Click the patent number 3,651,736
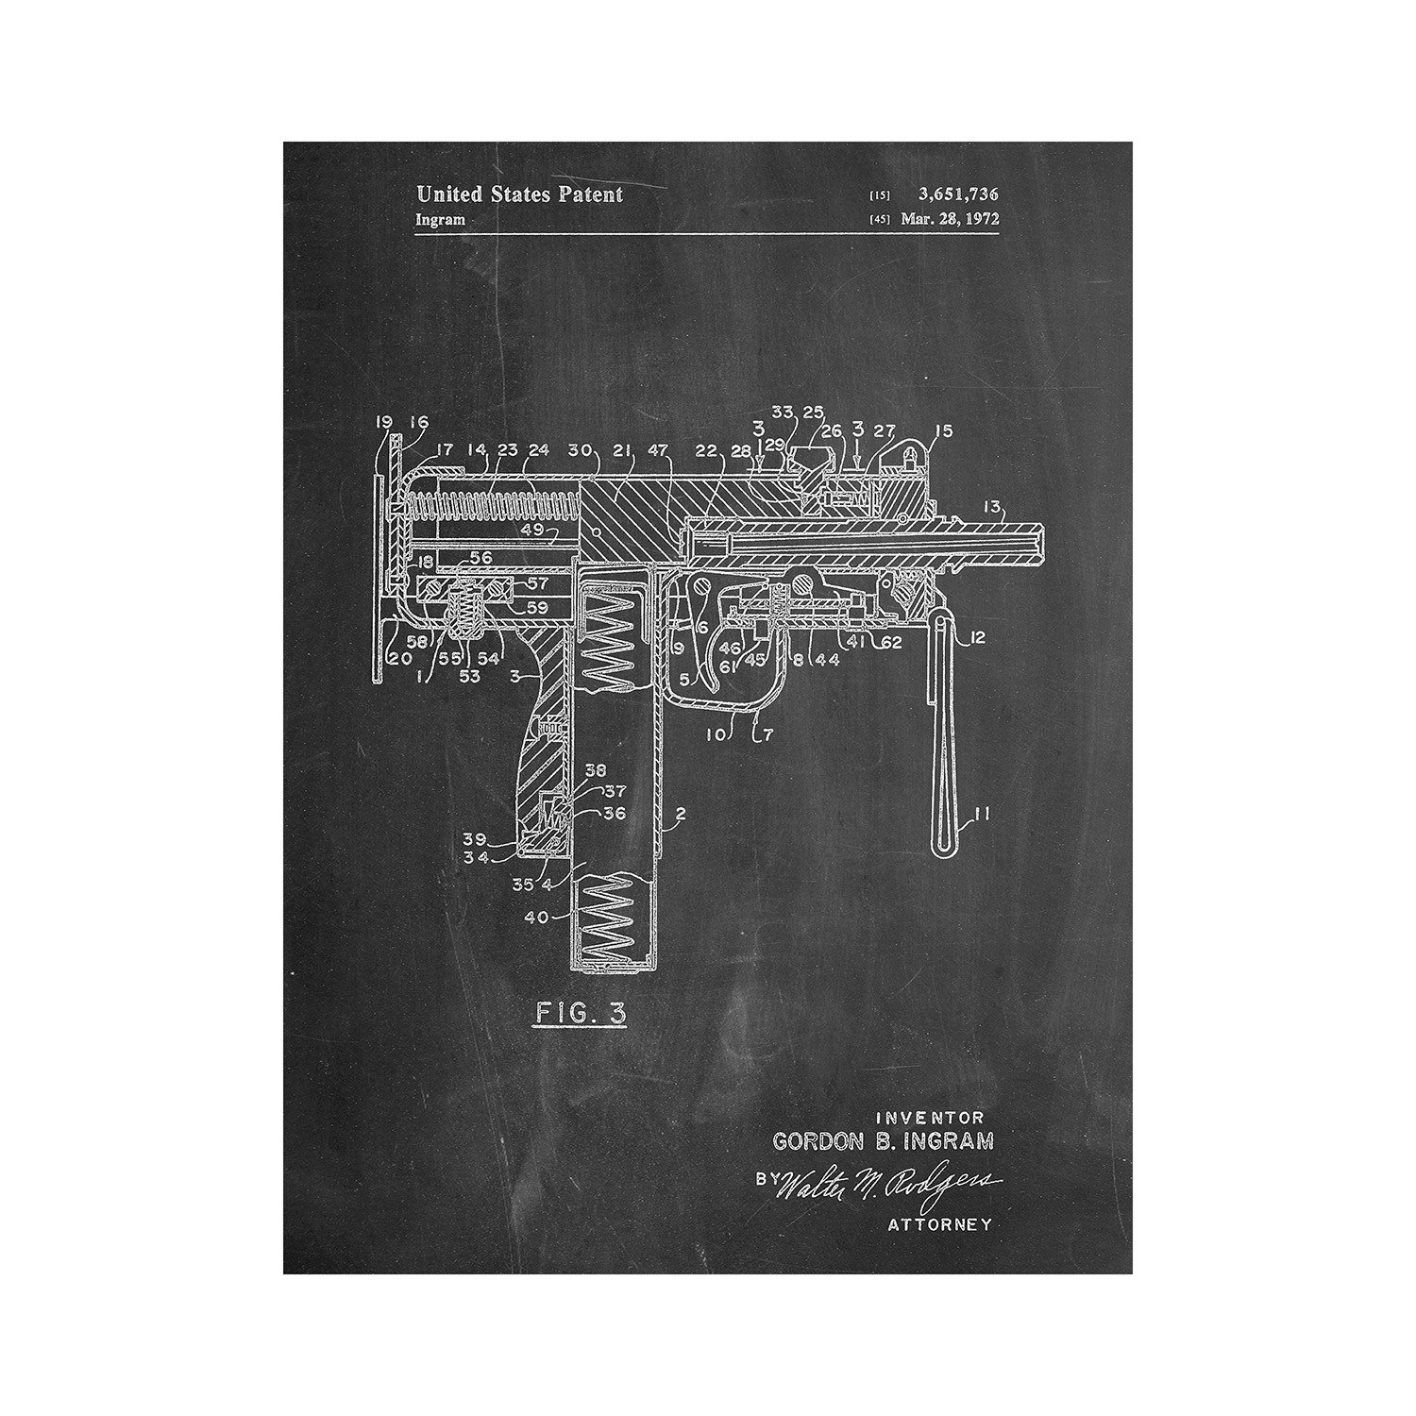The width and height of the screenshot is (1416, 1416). [x=957, y=194]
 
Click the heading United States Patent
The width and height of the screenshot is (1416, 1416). [x=519, y=194]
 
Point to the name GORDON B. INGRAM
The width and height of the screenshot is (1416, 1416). [x=883, y=1141]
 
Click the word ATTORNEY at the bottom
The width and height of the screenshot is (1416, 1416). [x=940, y=1224]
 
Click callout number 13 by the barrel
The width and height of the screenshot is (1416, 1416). [x=993, y=508]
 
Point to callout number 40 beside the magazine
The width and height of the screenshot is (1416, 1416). [x=537, y=915]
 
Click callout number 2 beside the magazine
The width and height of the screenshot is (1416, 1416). [x=682, y=813]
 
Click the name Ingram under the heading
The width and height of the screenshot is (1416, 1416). [x=441, y=220]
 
